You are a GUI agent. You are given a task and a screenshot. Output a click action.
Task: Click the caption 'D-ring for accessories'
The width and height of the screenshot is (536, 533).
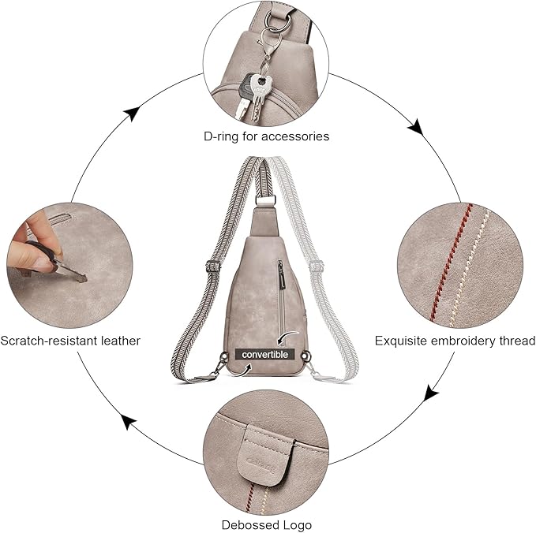coord(266,136)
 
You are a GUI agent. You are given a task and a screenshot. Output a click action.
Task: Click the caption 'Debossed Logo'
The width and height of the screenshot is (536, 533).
coord(266,524)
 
